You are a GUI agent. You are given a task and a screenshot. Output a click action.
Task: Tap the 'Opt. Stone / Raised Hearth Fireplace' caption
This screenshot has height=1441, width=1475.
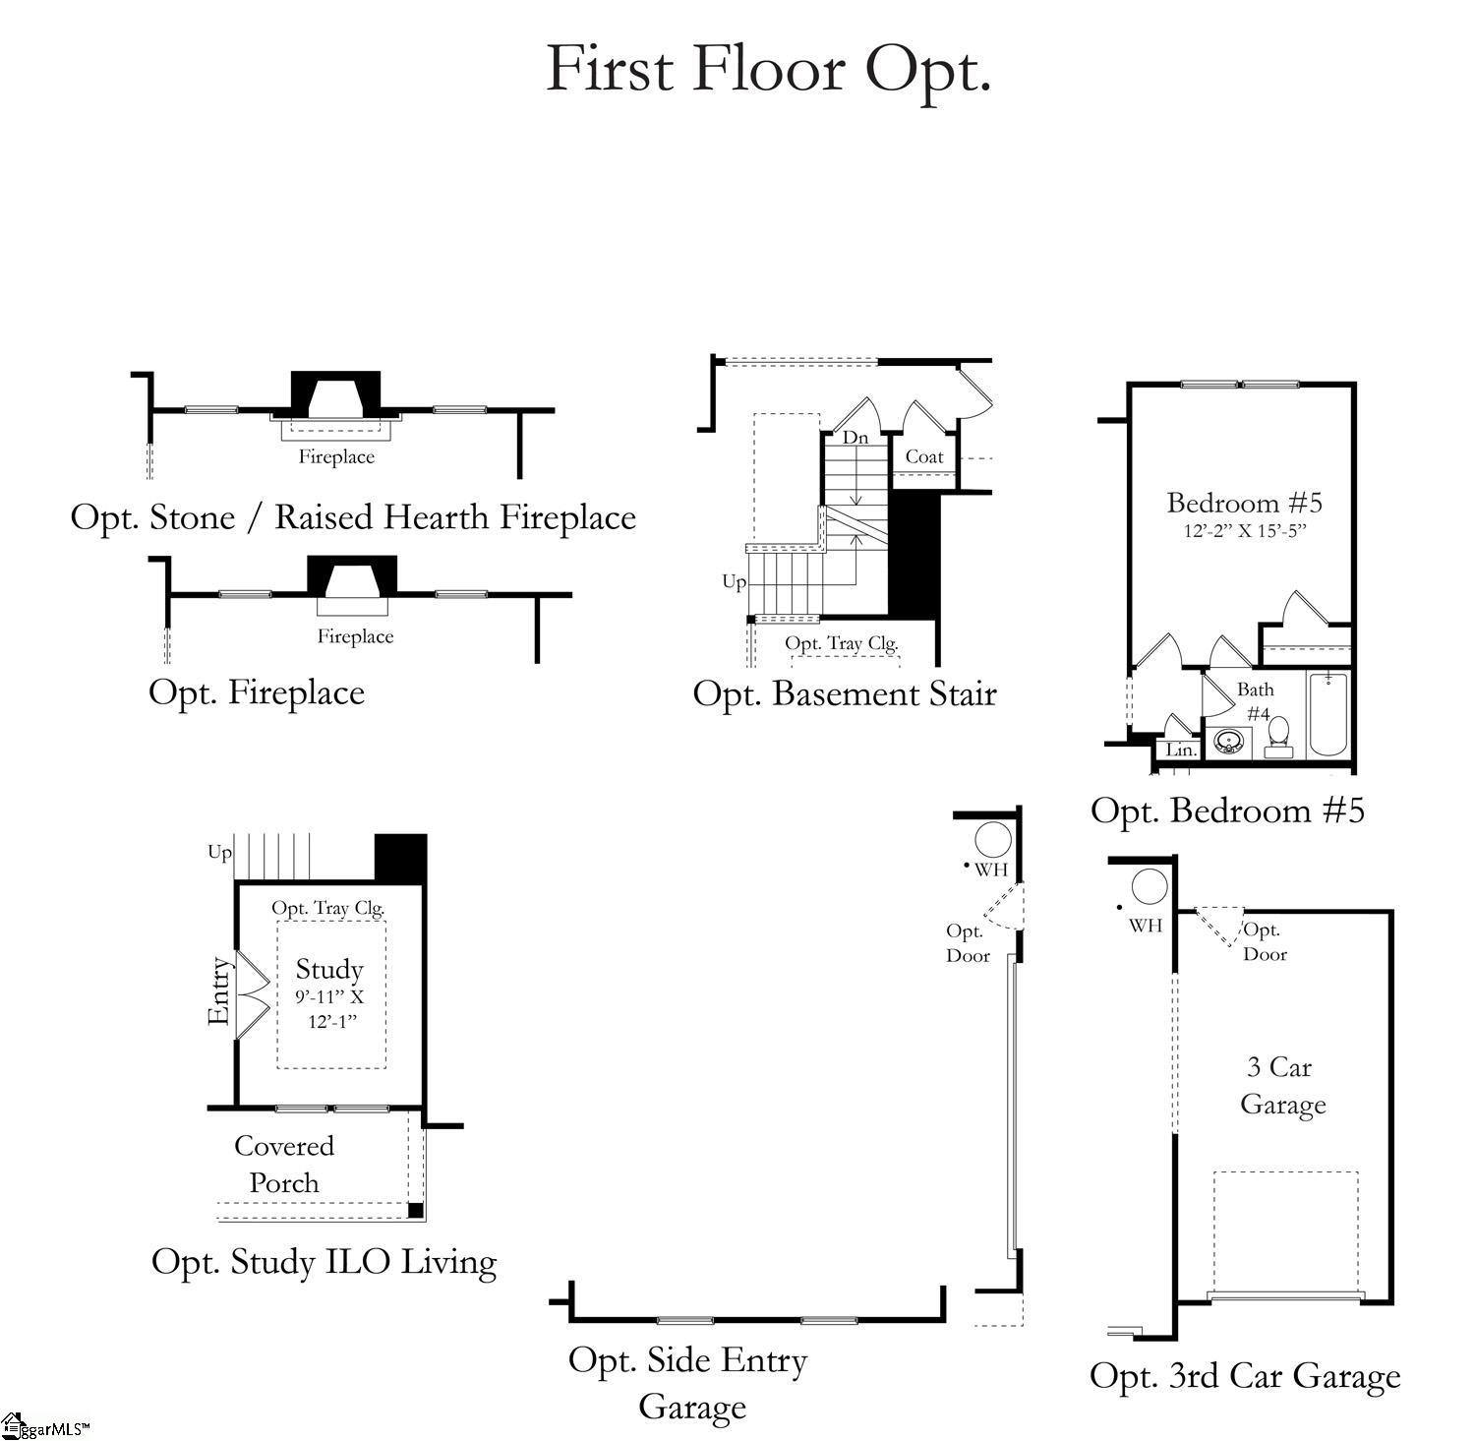[353, 517]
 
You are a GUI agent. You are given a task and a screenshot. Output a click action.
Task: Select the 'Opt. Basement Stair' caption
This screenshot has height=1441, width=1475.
[845, 693]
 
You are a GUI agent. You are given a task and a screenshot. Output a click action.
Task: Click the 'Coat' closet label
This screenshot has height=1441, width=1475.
[924, 456]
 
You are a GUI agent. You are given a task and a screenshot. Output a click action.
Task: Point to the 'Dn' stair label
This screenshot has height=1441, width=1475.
[855, 438]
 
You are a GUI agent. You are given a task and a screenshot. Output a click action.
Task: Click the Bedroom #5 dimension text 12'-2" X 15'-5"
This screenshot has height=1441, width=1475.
[1244, 531]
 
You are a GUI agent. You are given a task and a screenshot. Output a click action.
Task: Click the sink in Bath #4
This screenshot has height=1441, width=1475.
[1227, 742]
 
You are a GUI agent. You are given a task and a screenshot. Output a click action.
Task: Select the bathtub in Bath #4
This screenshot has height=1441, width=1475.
[1327, 713]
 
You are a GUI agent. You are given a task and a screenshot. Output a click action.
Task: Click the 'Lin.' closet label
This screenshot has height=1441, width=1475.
[1180, 750]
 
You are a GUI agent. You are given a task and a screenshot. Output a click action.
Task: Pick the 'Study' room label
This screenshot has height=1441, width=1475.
[329, 970]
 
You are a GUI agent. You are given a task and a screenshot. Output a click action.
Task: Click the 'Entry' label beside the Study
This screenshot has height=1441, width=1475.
[219, 991]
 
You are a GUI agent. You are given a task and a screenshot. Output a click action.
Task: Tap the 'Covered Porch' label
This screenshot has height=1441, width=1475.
[284, 1164]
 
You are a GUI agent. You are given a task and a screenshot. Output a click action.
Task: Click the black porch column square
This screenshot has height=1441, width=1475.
[415, 1210]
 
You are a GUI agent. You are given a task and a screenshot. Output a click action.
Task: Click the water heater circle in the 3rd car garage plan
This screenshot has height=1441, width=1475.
[1149, 886]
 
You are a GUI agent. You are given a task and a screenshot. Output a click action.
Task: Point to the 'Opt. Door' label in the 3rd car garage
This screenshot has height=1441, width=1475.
[1265, 941]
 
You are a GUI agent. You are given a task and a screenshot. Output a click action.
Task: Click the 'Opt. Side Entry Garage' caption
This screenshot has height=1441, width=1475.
[688, 1383]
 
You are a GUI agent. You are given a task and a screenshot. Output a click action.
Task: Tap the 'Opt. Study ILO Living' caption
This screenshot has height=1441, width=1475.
[324, 1262]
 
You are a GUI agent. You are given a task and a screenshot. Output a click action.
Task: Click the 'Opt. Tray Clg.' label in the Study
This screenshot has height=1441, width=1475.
[327, 908]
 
